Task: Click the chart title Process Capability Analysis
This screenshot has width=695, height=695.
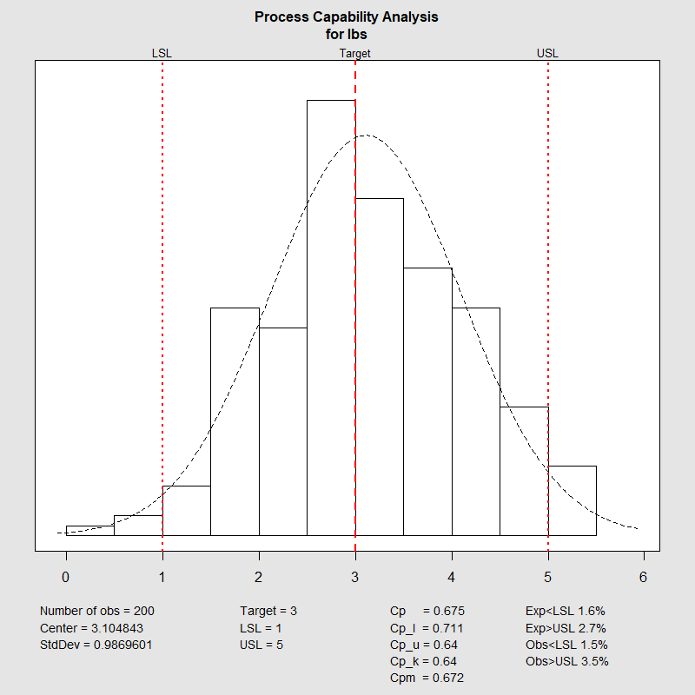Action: [x=347, y=17]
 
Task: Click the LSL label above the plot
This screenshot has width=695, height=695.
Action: [x=162, y=53]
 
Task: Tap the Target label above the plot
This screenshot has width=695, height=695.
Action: [x=354, y=53]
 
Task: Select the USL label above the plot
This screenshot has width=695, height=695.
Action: [x=547, y=53]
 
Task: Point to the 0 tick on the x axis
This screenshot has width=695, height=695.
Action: [x=66, y=577]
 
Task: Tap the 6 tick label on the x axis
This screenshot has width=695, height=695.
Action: [x=644, y=577]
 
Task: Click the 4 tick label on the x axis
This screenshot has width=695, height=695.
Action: [x=451, y=577]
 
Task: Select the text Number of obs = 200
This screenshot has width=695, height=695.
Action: [x=97, y=611]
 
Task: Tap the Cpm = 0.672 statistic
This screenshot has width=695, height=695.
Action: [x=427, y=678]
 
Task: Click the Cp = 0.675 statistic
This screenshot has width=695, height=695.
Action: [x=427, y=611]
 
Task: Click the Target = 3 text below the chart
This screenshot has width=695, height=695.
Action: [x=268, y=611]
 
